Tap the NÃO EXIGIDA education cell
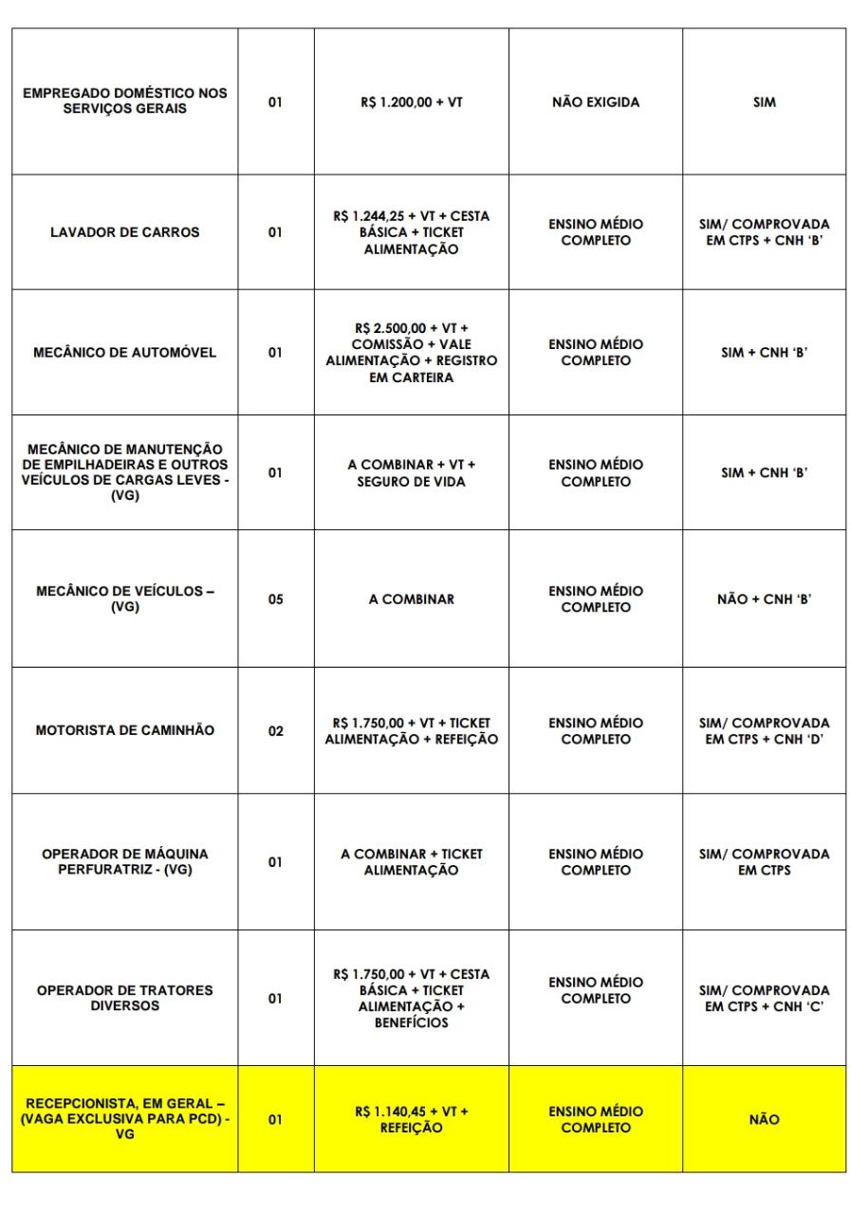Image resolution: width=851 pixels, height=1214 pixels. coord(595,103)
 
